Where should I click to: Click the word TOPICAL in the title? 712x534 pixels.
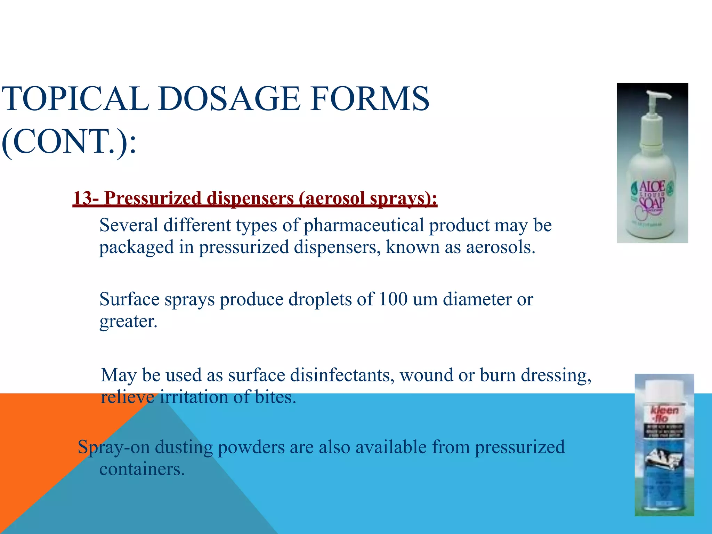[x=75, y=99]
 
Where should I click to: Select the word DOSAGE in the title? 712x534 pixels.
[x=229, y=99]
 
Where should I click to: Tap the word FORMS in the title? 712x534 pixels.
[x=370, y=99]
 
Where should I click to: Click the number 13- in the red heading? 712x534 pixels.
[x=86, y=199]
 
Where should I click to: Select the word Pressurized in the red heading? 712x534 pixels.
[x=153, y=199]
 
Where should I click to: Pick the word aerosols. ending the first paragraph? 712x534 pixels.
[x=500, y=248]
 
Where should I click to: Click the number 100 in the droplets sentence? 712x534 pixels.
[x=393, y=299]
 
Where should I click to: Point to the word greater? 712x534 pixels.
[x=128, y=322]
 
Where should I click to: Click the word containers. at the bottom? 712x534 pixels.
[x=142, y=469]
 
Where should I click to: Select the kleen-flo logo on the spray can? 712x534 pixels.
[x=664, y=413]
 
